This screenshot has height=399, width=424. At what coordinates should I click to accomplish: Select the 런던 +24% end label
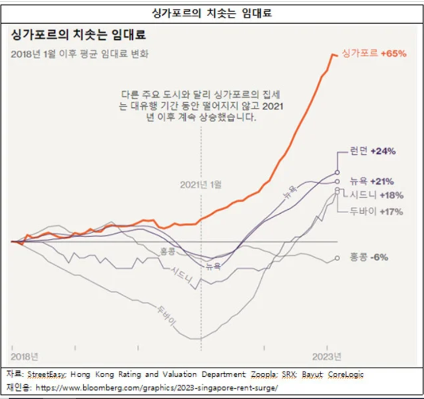[373, 152]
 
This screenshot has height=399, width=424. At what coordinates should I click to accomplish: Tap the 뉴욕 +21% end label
[371, 182]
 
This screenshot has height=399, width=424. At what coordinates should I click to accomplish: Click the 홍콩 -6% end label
[367, 257]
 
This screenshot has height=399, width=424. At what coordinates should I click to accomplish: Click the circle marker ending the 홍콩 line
[337, 258]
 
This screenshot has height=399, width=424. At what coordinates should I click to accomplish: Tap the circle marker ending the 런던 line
[337, 172]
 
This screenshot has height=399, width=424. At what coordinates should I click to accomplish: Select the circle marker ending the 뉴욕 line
[337, 182]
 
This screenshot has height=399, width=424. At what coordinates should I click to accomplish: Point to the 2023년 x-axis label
[327, 356]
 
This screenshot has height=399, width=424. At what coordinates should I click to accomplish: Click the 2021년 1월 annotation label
[201, 185]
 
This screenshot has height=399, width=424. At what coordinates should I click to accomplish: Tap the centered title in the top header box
[212, 13]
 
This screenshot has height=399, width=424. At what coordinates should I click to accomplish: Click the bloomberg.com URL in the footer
[156, 388]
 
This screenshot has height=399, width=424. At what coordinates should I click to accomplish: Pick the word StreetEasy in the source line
[47, 375]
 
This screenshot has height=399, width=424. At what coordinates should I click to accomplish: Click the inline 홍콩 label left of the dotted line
[167, 252]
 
